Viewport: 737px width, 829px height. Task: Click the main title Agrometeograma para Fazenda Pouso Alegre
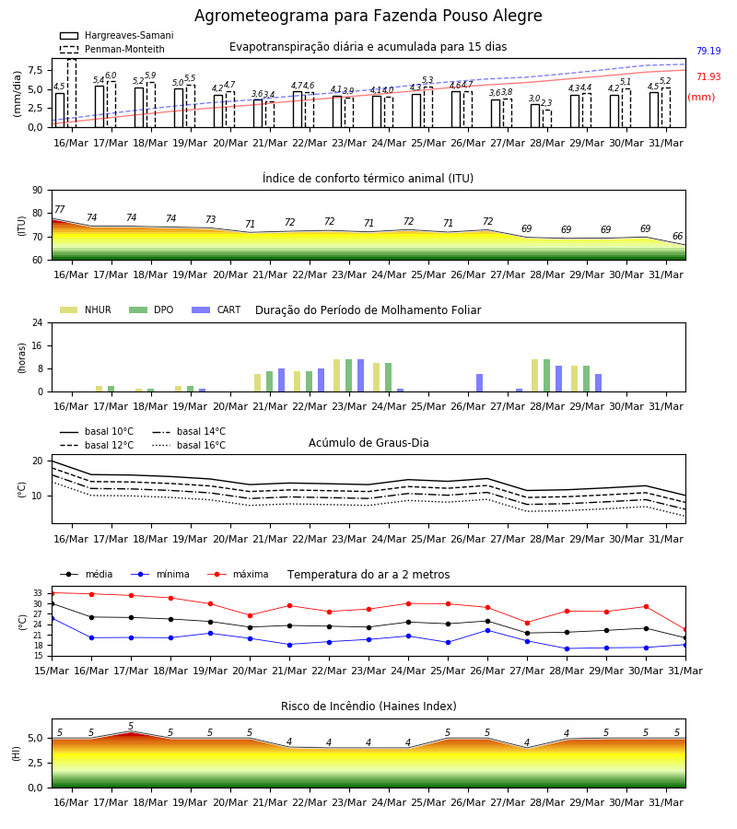pyautogui.click(x=368, y=16)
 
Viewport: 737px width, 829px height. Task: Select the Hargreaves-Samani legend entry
pyautogui.click(x=117, y=35)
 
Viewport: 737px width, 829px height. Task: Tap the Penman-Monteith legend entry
pyautogui.click(x=112, y=49)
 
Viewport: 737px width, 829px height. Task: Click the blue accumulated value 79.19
pyautogui.click(x=708, y=51)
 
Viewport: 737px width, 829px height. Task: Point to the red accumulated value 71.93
pyautogui.click(x=708, y=76)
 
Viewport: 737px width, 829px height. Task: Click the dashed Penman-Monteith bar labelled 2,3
pyautogui.click(x=547, y=119)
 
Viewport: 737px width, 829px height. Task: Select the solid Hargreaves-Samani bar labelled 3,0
pyautogui.click(x=535, y=116)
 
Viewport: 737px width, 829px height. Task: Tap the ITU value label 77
pyautogui.click(x=60, y=209)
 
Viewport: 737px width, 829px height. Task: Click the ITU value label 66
pyautogui.click(x=677, y=236)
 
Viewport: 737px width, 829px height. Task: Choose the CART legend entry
pyautogui.click(x=216, y=309)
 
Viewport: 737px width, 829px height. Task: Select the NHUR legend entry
pyautogui.click(x=86, y=309)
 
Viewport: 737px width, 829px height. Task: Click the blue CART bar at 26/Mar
pyautogui.click(x=480, y=383)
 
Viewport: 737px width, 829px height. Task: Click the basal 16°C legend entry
pyautogui.click(x=189, y=445)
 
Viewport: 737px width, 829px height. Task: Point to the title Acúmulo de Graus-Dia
pyautogui.click(x=368, y=442)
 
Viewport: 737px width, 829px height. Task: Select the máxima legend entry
pyautogui.click(x=238, y=574)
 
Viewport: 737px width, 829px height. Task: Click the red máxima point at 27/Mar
pyautogui.click(x=527, y=623)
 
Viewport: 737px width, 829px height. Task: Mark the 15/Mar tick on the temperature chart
pyautogui.click(x=52, y=671)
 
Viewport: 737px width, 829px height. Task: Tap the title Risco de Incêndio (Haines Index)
pyautogui.click(x=368, y=706)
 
